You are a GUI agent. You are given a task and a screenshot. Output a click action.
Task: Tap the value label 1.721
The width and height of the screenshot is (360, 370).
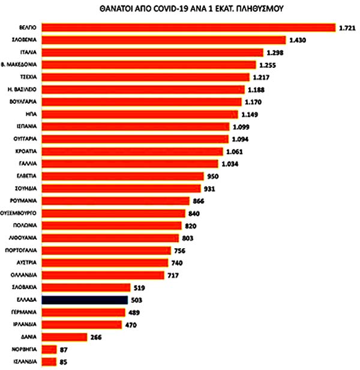tap(348, 28)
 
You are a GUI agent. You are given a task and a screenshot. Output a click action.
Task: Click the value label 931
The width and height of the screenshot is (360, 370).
tap(210, 188)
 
